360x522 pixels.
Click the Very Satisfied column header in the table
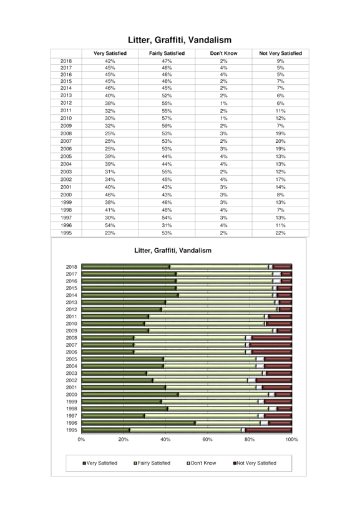(x=110, y=53)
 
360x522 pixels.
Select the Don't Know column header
(x=223, y=53)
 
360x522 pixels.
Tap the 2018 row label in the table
(x=66, y=61)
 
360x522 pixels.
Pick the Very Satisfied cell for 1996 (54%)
(x=110, y=225)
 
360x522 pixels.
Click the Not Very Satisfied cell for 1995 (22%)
(x=280, y=233)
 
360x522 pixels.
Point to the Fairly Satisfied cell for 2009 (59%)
(x=167, y=126)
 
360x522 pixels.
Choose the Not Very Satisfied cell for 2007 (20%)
(x=280, y=141)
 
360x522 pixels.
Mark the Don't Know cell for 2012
(x=223, y=103)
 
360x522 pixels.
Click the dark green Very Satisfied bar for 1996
(x=139, y=423)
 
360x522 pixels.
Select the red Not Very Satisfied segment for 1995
(x=269, y=430)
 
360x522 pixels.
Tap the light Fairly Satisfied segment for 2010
(x=205, y=324)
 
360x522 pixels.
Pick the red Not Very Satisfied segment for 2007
(x=271, y=345)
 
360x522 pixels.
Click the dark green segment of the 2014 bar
(x=130, y=295)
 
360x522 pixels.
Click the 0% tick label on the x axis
(x=81, y=440)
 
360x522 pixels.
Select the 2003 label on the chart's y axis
(x=71, y=374)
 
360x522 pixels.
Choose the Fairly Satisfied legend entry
(x=152, y=463)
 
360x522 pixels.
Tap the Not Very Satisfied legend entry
(x=255, y=463)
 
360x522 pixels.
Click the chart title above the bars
(x=173, y=251)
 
